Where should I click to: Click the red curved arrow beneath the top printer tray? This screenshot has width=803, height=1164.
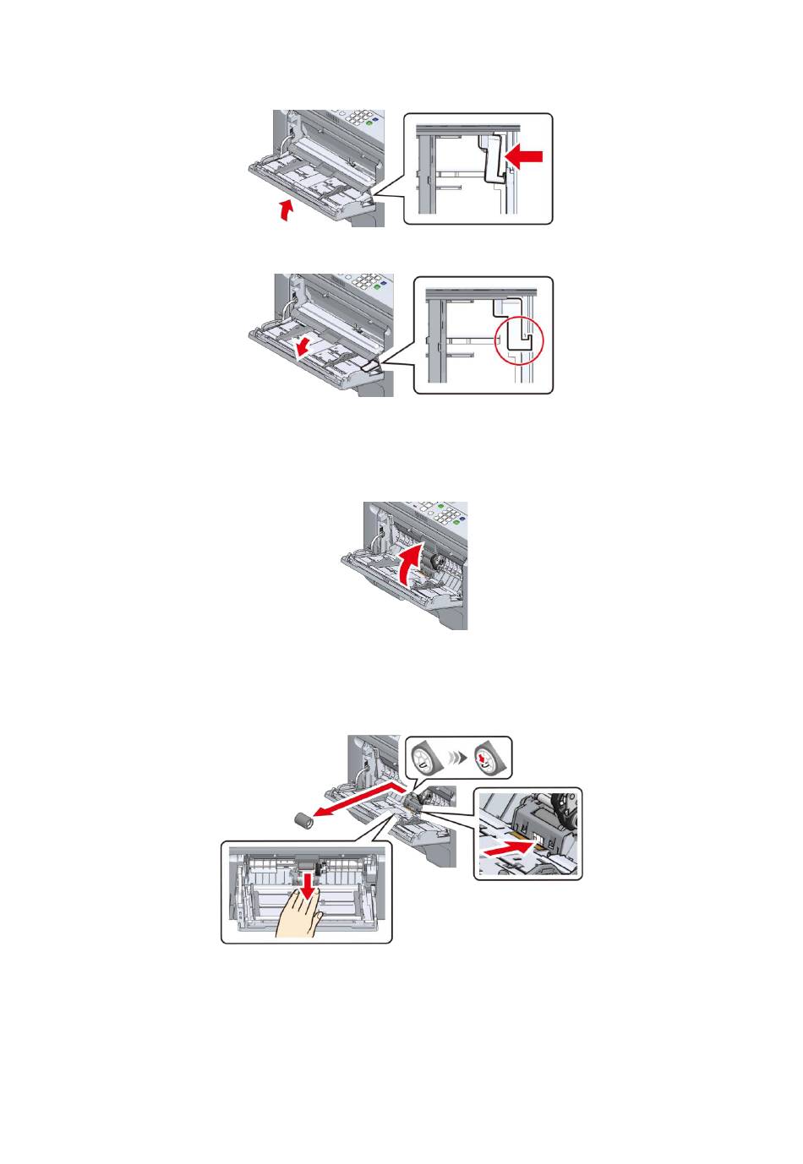point(288,209)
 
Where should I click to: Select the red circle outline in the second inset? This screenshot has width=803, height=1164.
point(518,340)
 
